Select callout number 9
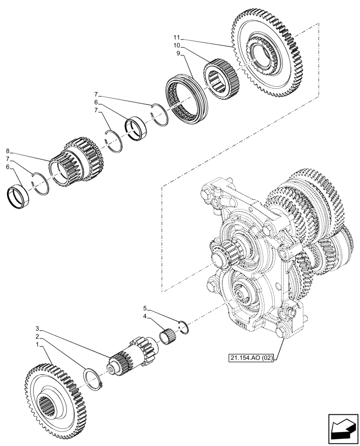click(x=178, y=54)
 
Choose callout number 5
click(x=145, y=308)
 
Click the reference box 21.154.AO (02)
click(x=251, y=357)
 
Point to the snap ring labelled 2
click(x=94, y=379)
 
